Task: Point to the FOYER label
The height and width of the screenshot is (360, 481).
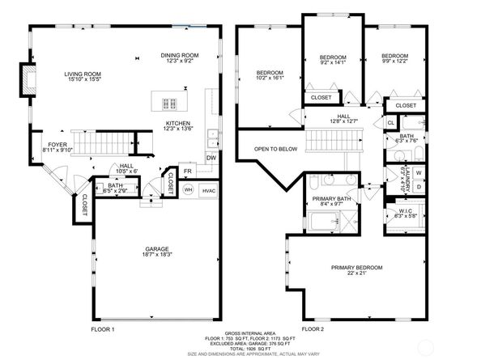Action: (57, 146)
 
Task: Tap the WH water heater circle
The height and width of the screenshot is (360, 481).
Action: (188, 189)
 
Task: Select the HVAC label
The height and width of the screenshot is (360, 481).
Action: (209, 189)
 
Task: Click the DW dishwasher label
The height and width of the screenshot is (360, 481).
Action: (211, 158)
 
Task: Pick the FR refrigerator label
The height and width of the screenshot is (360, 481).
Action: (187, 172)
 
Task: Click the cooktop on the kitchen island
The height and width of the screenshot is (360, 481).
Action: (171, 102)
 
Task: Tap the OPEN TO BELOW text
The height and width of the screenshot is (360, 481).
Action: (275, 149)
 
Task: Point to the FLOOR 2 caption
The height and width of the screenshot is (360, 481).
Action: (312, 329)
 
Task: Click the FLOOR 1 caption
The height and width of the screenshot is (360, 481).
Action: (103, 329)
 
